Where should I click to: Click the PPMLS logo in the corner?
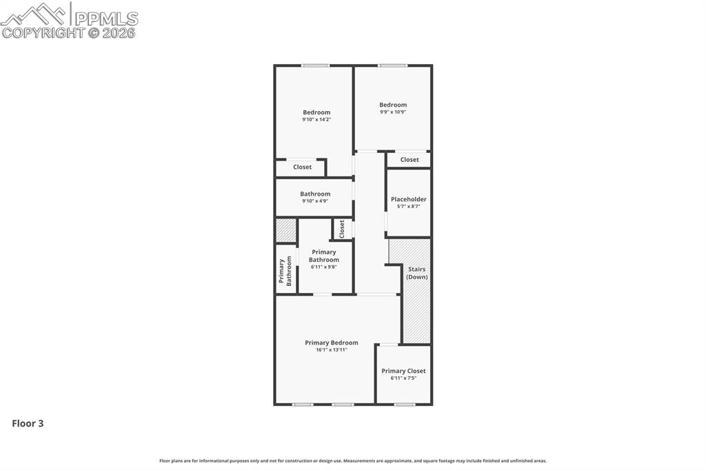tap(69, 20)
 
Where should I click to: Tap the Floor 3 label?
tap(28, 424)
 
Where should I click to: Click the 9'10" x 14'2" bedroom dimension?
tap(316, 120)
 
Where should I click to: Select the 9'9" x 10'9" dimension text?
tap(393, 112)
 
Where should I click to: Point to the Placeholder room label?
tap(408, 199)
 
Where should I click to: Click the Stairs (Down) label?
tap(416, 273)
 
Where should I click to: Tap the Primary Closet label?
tap(403, 371)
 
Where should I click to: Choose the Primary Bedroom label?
tap(332, 343)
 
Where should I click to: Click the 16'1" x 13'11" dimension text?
tap(332, 350)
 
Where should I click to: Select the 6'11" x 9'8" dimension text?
tap(323, 267)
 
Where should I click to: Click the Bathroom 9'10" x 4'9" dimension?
tap(315, 201)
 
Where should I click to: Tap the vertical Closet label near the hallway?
tap(341, 229)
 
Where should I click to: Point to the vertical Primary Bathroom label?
tap(285, 271)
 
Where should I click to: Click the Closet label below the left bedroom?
tap(302, 167)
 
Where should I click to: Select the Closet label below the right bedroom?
tap(410, 159)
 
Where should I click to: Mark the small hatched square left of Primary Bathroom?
tap(285, 230)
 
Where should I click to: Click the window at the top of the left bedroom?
tap(315, 65)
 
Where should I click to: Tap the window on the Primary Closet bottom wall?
tap(404, 405)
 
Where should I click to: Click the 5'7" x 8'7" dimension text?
tap(408, 207)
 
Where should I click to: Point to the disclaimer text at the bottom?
tap(353, 461)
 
